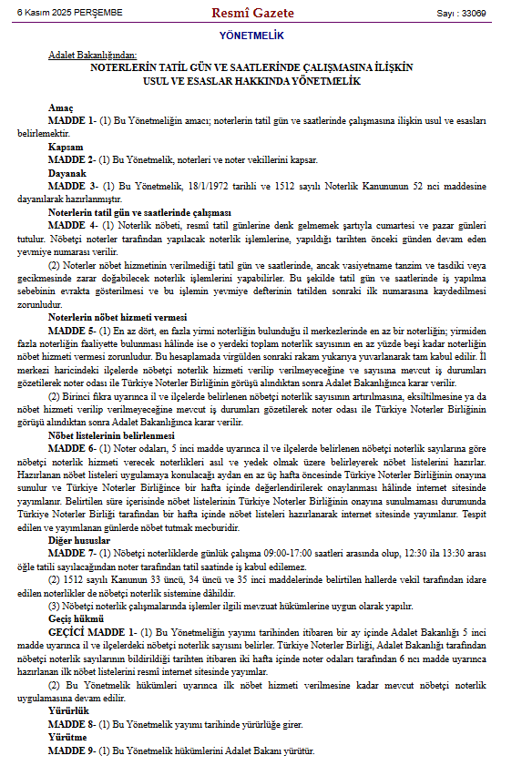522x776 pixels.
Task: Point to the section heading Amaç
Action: coord(61,107)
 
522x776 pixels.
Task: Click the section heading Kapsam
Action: coord(66,146)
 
